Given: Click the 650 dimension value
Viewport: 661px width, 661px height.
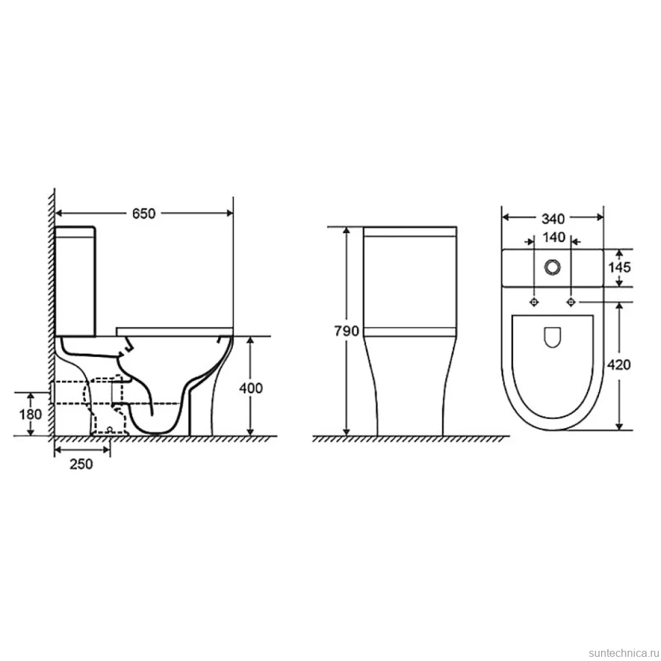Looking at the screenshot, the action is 144,214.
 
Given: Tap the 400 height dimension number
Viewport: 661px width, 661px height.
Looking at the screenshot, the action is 251,388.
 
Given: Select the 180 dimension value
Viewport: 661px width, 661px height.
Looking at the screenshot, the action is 31,414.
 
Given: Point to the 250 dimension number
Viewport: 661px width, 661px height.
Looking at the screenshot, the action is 81,464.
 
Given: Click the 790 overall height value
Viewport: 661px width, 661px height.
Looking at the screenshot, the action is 347,331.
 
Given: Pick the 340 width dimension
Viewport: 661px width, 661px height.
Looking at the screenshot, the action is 553,219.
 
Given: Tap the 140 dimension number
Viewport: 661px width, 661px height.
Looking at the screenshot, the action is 553,238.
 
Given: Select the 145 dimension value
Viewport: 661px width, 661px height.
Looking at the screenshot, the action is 619,267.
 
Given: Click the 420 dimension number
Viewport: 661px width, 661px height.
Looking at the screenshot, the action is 619,365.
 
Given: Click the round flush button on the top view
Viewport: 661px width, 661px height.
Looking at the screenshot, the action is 552,267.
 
